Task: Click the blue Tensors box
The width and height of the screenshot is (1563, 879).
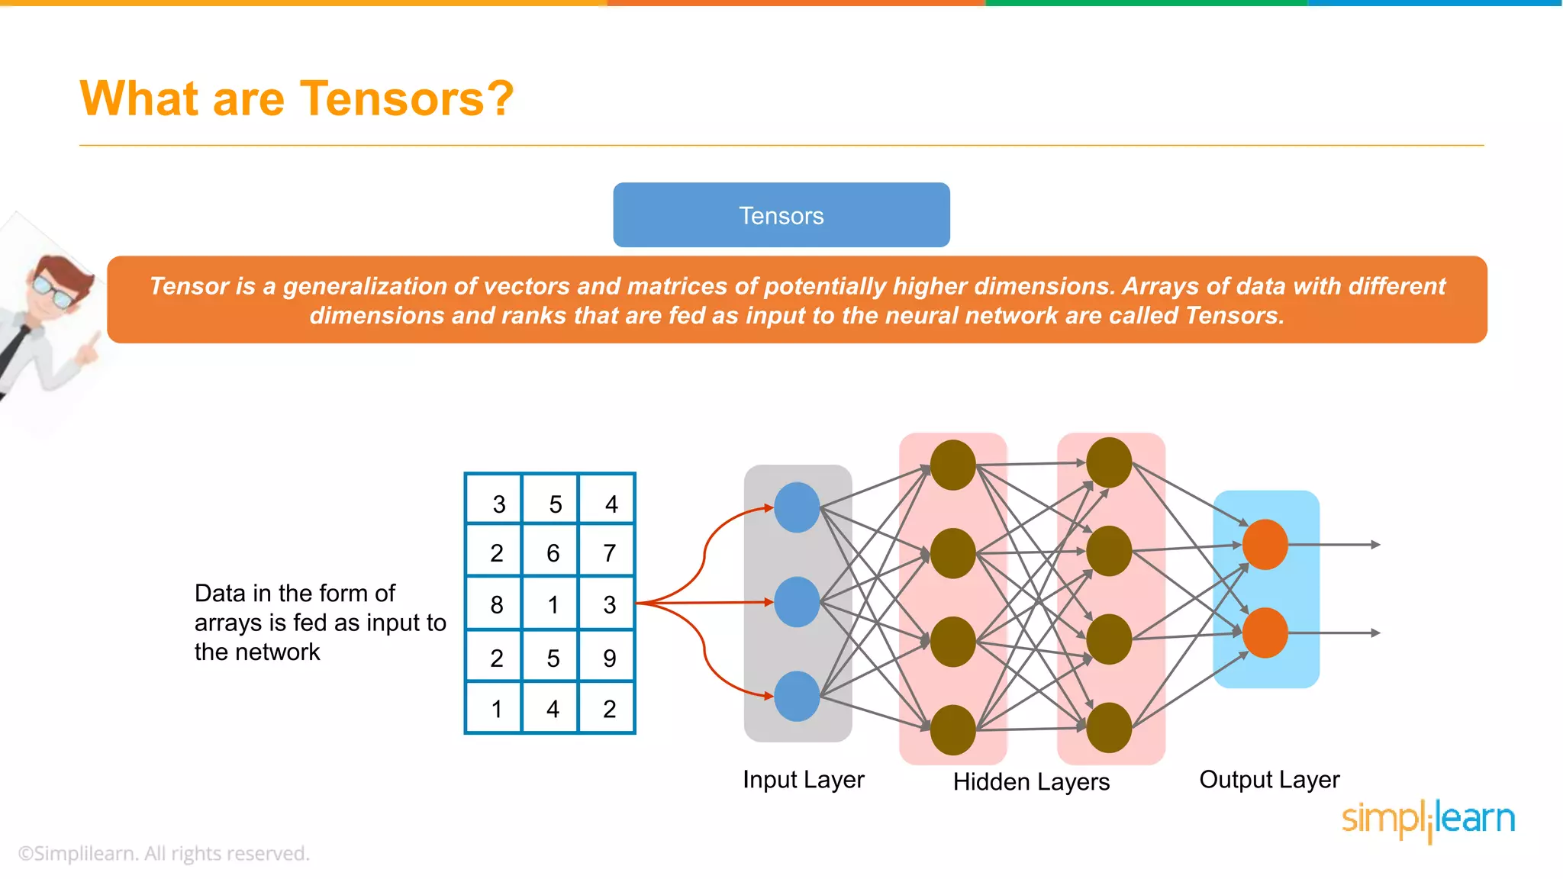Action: pyautogui.click(x=781, y=215)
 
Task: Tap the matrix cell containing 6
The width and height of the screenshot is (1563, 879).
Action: pyautogui.click(x=553, y=552)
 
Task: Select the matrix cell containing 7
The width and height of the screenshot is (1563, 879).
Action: pyautogui.click(x=609, y=552)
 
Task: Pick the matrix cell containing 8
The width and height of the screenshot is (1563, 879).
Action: pyautogui.click(x=496, y=604)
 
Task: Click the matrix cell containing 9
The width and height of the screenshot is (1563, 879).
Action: pyautogui.click(x=609, y=658)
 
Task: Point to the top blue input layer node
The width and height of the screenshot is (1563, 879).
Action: pyautogui.click(x=797, y=507)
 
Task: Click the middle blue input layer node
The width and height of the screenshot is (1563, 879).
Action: pyautogui.click(x=797, y=602)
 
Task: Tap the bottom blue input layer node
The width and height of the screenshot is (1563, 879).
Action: pyautogui.click(x=797, y=696)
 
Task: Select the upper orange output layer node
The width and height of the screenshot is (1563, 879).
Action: pyautogui.click(x=1265, y=544)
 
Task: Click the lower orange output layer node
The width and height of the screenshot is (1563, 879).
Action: pyautogui.click(x=1265, y=633)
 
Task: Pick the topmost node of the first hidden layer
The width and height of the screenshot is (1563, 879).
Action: pyautogui.click(x=952, y=465)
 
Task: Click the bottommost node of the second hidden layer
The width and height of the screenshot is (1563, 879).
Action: pyautogui.click(x=1108, y=727)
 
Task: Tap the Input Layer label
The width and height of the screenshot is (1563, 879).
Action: pyautogui.click(x=803, y=779)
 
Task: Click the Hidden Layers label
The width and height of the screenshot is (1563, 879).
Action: pyautogui.click(x=1031, y=781)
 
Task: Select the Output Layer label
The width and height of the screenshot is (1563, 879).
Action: pyautogui.click(x=1269, y=779)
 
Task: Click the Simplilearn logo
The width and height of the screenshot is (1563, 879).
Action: pyautogui.click(x=1428, y=819)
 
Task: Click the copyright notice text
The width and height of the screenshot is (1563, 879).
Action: pyautogui.click(x=163, y=853)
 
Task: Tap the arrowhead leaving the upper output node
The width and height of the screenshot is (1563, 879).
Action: pyautogui.click(x=1375, y=545)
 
